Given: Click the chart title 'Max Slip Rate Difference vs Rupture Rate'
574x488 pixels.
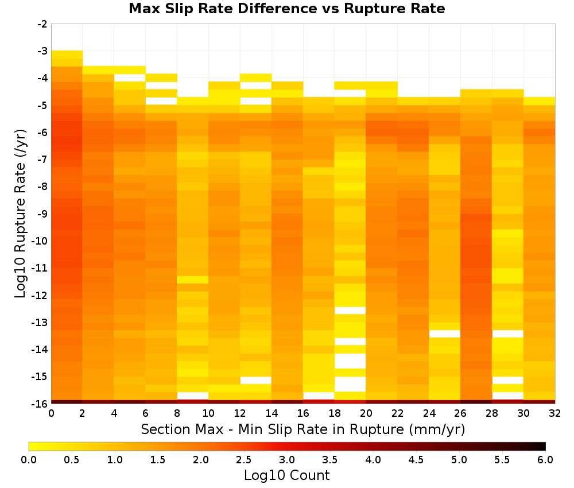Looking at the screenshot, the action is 286,8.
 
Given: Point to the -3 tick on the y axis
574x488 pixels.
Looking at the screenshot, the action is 42,51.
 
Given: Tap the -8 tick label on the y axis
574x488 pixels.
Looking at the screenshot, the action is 42,187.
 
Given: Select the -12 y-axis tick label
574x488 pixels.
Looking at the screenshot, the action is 40,295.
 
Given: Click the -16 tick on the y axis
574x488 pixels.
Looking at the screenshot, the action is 40,403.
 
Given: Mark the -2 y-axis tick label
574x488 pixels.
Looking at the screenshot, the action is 42,24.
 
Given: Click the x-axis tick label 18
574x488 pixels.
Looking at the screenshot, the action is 335,413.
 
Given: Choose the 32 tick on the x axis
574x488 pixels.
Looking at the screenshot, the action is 555,413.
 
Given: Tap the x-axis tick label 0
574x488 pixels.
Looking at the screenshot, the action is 51,413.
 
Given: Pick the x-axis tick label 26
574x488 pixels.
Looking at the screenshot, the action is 460,413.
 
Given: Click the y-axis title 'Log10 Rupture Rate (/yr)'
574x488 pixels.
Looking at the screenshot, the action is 20,214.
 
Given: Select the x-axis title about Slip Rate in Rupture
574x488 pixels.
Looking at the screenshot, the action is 303,429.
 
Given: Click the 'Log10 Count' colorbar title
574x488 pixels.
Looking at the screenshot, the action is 286,475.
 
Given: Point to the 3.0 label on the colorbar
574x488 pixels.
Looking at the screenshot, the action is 287,460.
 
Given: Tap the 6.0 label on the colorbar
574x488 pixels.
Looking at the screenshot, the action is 545,460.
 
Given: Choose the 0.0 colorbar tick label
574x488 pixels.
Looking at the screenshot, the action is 29,460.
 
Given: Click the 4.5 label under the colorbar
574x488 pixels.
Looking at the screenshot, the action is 416,460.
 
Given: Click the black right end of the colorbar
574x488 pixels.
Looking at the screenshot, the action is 543,446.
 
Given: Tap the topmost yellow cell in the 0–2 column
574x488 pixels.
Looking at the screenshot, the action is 67,55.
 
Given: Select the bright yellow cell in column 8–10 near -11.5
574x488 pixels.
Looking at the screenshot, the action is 193,280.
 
